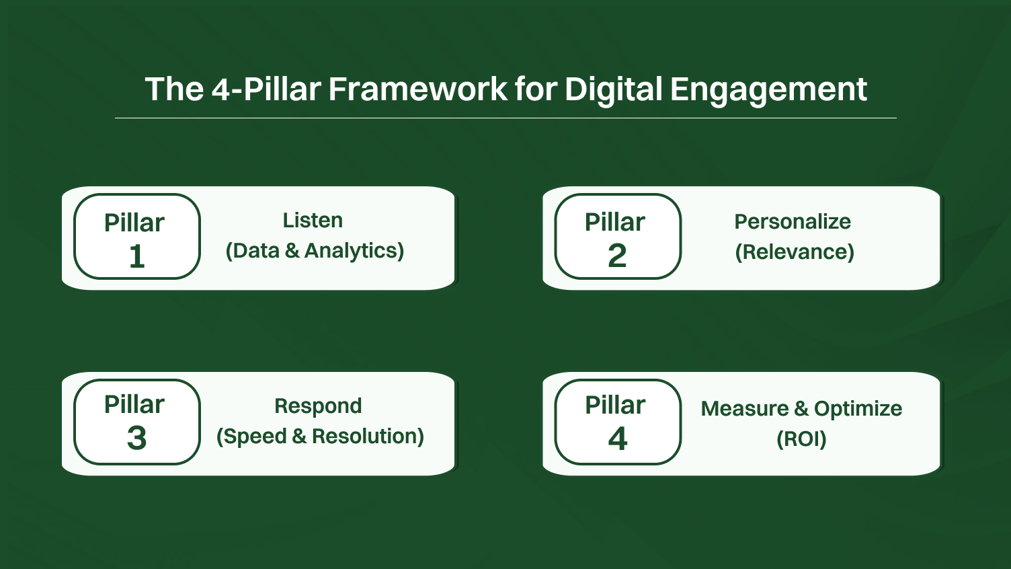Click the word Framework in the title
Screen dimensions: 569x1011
click(x=417, y=89)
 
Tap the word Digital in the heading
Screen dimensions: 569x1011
click(x=613, y=89)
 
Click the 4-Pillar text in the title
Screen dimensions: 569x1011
click(x=266, y=89)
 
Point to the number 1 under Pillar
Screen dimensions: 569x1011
click(x=137, y=256)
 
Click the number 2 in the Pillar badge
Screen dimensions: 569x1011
click(x=617, y=256)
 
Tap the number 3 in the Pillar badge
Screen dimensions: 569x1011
click(x=137, y=439)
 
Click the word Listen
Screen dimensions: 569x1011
click(x=313, y=221)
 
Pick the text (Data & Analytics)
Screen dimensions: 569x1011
click(x=315, y=251)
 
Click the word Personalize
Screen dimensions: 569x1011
click(x=793, y=222)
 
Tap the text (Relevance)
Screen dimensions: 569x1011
click(x=795, y=252)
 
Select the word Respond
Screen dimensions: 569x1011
click(x=318, y=406)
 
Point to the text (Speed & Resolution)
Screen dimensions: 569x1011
click(x=320, y=437)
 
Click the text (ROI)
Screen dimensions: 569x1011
click(x=801, y=439)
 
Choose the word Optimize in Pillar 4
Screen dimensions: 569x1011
click(x=858, y=409)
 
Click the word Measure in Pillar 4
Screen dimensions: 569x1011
click(x=745, y=409)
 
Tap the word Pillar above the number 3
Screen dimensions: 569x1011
click(x=134, y=405)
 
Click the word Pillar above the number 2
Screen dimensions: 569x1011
click(x=615, y=223)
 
